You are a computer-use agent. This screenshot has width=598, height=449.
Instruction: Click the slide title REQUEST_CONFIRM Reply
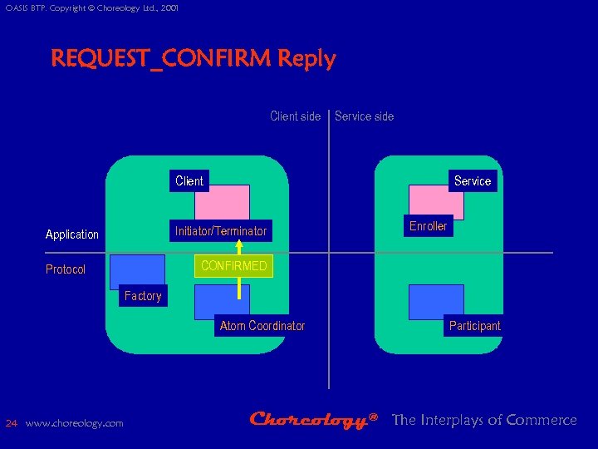tap(193, 59)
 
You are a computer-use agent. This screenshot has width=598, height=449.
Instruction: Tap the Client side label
tap(295, 116)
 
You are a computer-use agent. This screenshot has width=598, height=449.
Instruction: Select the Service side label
tap(364, 116)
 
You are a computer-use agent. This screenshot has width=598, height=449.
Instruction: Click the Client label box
tap(189, 180)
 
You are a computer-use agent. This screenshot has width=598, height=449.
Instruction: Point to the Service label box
tap(473, 180)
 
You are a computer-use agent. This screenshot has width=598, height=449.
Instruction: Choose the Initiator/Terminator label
tap(220, 230)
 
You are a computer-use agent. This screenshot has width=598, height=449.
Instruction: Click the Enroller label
tap(428, 225)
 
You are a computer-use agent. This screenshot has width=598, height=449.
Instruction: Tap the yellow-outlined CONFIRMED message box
tap(233, 266)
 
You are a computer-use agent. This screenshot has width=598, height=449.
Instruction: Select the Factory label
tap(143, 296)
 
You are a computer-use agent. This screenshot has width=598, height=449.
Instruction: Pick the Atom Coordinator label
tap(262, 326)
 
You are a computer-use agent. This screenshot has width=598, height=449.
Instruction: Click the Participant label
tap(474, 326)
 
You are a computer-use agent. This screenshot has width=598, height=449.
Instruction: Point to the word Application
tap(72, 234)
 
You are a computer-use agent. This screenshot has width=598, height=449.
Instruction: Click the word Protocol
tap(66, 269)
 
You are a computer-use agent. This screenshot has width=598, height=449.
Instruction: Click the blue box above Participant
tap(436, 300)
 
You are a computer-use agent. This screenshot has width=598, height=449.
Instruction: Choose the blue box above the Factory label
tap(137, 271)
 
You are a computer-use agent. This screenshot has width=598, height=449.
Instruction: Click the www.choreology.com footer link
tap(75, 423)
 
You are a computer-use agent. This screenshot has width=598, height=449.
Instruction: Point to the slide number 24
tap(11, 423)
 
